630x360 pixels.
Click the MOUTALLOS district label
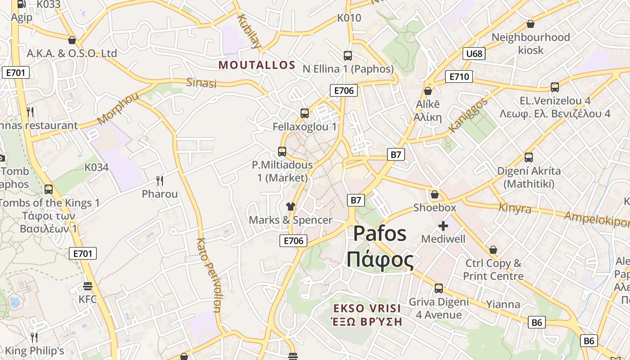click(257, 65)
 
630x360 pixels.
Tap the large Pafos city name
click(380, 233)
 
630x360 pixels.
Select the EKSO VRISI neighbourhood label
click(367, 309)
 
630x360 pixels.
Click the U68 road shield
click(474, 54)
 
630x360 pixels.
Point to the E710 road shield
click(459, 76)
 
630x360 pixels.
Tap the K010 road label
click(349, 18)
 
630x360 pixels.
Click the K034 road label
click(96, 167)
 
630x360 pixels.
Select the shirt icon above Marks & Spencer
click(290, 207)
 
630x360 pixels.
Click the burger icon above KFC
click(88, 286)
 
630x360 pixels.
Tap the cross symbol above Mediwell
click(443, 225)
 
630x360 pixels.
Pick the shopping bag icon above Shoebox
click(435, 194)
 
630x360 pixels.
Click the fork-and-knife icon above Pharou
click(160, 181)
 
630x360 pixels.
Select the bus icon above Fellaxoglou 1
click(305, 113)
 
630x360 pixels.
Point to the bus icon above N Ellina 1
click(348, 56)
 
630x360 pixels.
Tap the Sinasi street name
click(202, 83)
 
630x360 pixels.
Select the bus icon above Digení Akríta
click(529, 157)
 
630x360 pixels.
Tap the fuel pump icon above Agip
click(21, 4)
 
